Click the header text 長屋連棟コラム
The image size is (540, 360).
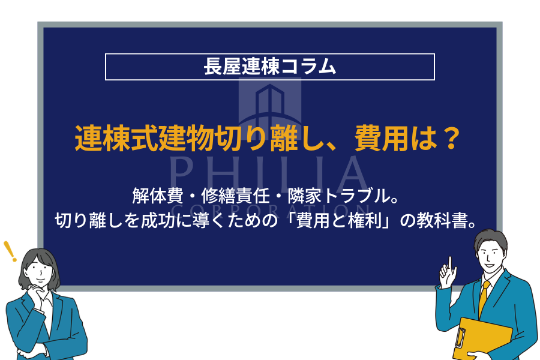(269, 67)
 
